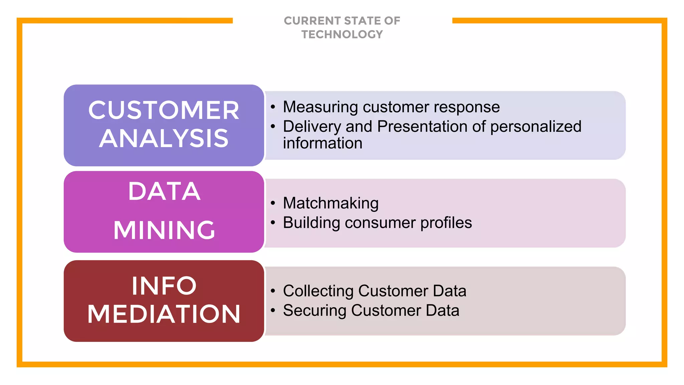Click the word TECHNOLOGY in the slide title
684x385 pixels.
[342, 34]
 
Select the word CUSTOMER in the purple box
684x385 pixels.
[164, 110]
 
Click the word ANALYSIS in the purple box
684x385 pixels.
[164, 138]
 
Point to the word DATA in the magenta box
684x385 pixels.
[164, 191]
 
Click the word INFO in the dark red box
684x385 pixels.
[164, 286]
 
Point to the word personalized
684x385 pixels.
[536, 127]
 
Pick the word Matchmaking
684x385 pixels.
[331, 203]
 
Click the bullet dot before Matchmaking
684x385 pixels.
[273, 203]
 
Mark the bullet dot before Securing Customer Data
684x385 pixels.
[273, 310]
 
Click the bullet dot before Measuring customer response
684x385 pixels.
[273, 107]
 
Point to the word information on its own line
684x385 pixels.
[322, 143]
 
